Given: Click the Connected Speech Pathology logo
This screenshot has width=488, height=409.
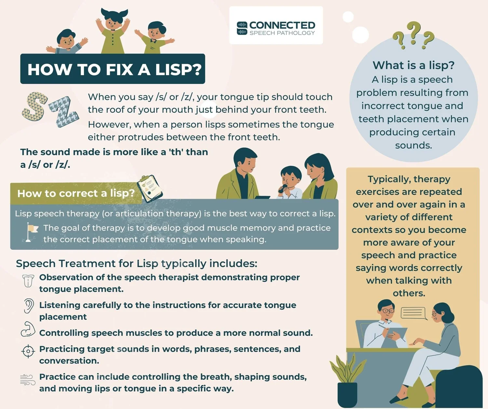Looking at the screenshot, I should pos(276,28).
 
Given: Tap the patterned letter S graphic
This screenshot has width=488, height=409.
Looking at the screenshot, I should pos(34,106).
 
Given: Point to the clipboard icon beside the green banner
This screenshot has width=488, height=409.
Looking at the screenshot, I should pos(150,189).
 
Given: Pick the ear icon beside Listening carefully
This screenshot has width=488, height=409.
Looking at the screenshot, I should pos(29,306).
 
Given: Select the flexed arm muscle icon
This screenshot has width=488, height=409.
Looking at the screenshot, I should pos(28,330).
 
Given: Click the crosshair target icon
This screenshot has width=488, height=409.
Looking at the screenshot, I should pos(28,351).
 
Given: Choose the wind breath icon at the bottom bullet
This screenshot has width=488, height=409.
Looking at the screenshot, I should pos(28,380).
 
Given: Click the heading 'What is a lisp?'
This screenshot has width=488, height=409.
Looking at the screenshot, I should pos(413,65).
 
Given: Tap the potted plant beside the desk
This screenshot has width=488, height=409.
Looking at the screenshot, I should pos(346,380).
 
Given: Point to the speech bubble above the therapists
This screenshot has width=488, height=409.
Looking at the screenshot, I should pos(413,313).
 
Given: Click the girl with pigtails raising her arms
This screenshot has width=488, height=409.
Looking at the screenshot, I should pos(113,31).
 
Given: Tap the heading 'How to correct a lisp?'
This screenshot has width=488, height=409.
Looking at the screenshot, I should pos(76,193).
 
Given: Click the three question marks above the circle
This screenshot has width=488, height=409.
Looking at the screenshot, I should pos(413,35).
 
